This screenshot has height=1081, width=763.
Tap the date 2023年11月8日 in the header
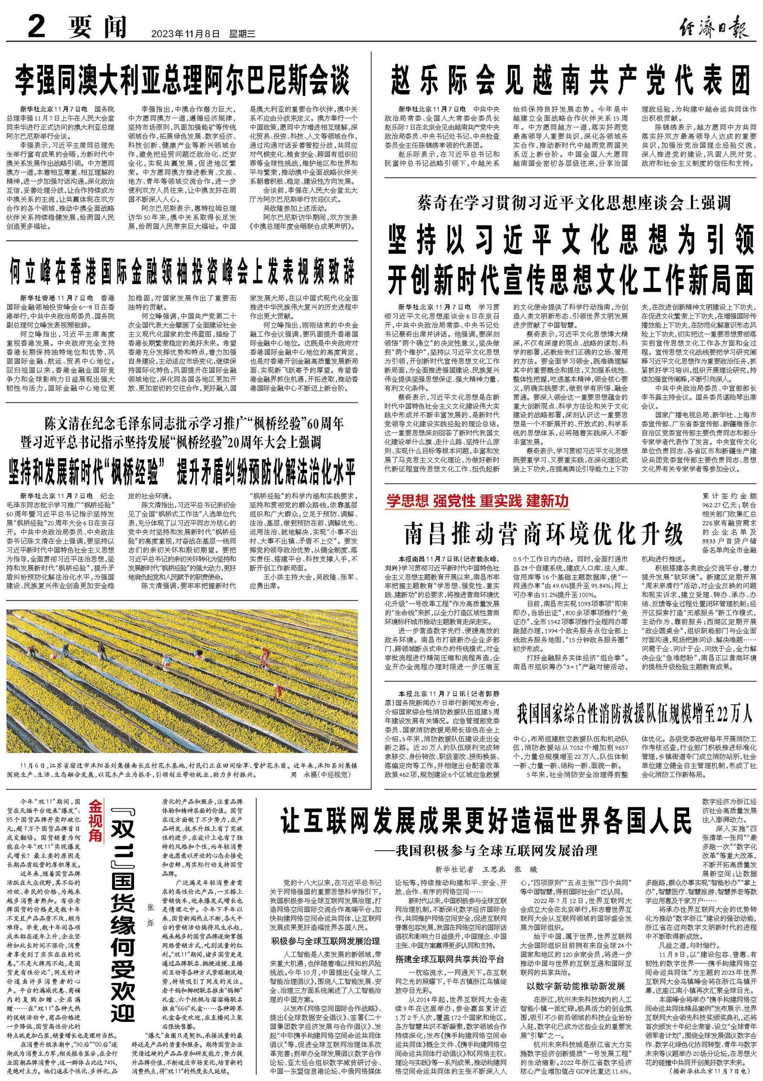186,34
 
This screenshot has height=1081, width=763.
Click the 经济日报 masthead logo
713,28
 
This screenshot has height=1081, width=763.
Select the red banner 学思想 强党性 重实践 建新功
477,501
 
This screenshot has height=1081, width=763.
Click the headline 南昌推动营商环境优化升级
544,533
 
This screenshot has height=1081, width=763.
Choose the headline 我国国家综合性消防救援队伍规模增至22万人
634,713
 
